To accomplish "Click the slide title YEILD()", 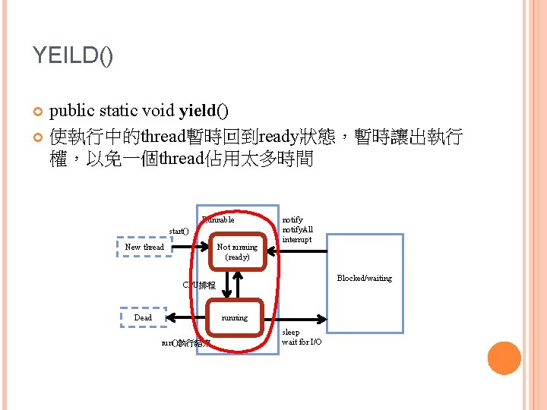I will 73,55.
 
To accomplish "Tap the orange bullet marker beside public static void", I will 38,113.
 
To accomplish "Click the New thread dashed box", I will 144,248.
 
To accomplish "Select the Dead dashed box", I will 143,317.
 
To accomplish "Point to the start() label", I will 179,231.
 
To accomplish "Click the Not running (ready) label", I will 237,251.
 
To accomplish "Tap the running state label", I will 234,317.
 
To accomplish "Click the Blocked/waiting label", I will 364,279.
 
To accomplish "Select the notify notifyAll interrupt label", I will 297,229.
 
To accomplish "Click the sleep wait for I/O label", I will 302,337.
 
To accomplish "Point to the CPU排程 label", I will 199,285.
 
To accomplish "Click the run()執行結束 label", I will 186,343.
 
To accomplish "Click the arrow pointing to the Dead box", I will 186,317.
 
